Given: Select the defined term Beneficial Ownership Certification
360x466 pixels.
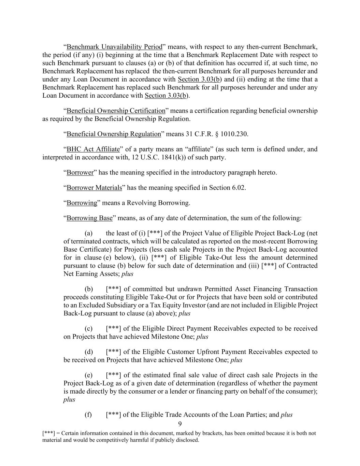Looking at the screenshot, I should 116,111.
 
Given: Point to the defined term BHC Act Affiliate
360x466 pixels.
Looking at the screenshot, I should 93,149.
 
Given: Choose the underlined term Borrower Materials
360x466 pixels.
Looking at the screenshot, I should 94,188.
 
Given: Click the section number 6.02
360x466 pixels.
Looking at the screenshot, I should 238,188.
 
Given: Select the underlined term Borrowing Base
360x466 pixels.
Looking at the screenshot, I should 89,218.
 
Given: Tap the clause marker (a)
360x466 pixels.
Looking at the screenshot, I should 88,234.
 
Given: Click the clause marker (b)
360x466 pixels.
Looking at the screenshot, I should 89,289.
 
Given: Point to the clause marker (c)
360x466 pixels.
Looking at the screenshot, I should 88,329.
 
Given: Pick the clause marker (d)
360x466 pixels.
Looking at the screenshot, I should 89,352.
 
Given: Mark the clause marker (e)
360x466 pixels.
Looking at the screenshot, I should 88,375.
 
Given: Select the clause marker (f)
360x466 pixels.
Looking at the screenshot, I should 88,415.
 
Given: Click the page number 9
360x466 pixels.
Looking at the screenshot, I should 180,424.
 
